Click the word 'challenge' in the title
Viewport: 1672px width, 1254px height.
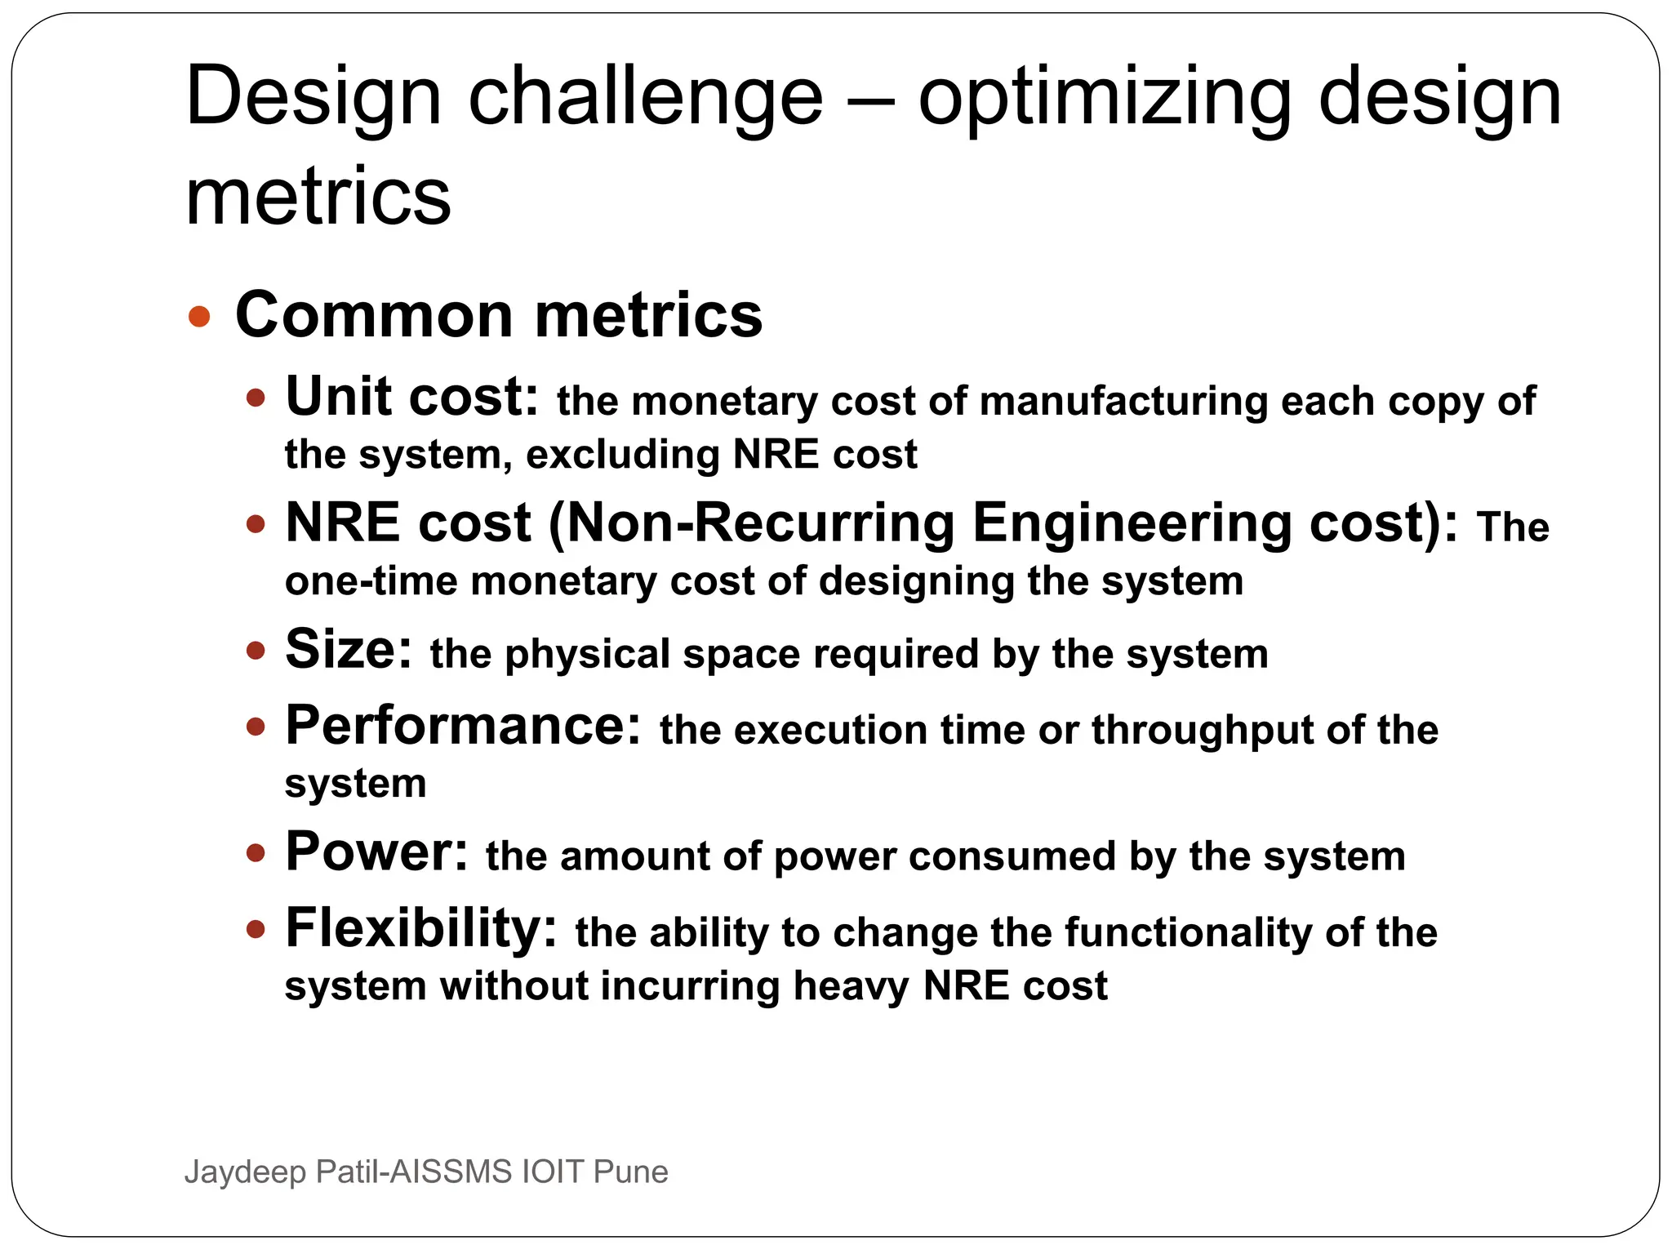645,98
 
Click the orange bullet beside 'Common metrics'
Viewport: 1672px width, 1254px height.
199,316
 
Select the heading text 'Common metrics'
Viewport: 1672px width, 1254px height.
498,315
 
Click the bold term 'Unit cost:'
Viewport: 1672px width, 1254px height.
411,397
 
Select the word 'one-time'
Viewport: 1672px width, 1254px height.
371,581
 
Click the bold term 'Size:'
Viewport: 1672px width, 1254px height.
349,650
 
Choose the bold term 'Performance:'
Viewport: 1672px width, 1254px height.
463,726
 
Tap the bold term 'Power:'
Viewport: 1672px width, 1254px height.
376,852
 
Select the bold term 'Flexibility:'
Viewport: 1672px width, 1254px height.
420,928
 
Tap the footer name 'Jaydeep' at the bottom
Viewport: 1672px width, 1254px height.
245,1172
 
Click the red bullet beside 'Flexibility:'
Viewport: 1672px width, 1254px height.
256,929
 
